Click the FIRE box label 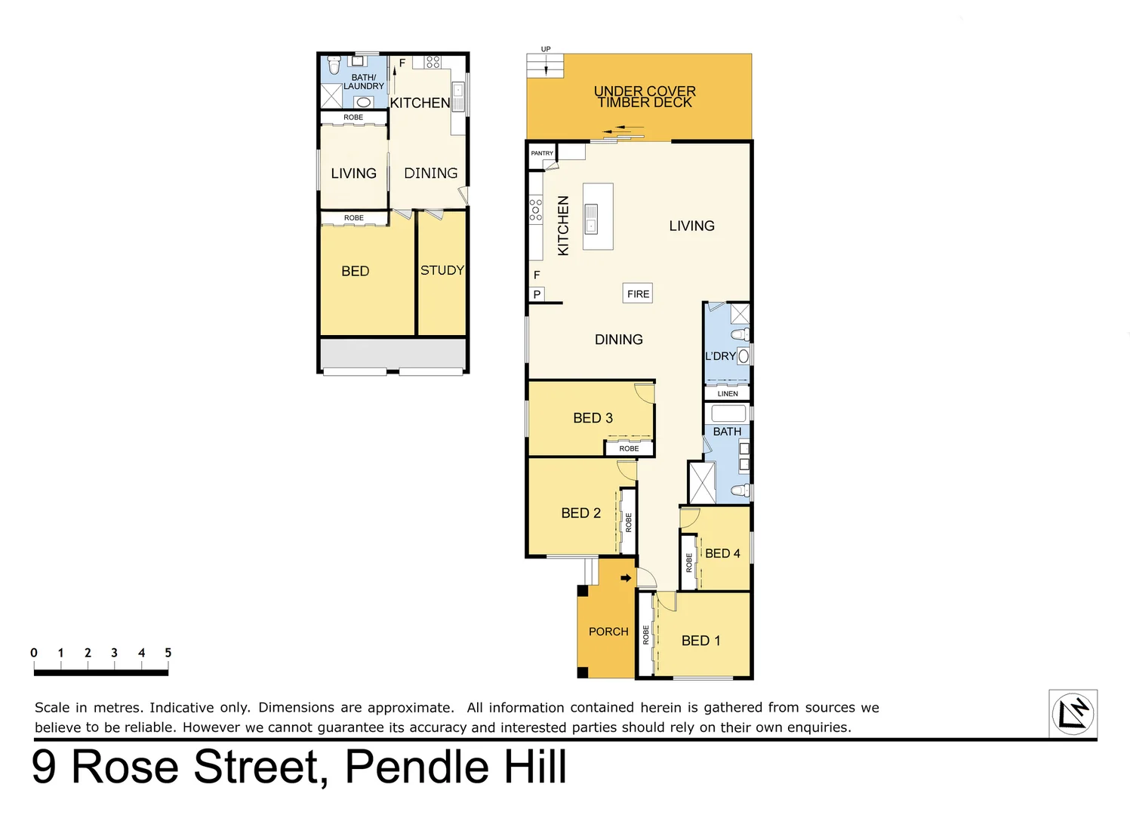[638, 294]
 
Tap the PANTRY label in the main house [542, 153]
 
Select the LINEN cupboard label [728, 394]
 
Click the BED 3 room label [593, 418]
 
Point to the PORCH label [608, 632]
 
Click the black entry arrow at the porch [626, 578]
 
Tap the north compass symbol [1073, 713]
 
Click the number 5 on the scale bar [168, 653]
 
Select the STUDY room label [442, 270]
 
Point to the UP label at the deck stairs [546, 49]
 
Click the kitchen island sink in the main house [592, 218]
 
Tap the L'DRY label [720, 356]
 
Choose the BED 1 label [700, 641]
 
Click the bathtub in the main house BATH [728, 414]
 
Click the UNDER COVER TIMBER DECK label [645, 97]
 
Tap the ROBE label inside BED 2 [628, 522]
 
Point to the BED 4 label [722, 554]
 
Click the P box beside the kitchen [537, 294]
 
